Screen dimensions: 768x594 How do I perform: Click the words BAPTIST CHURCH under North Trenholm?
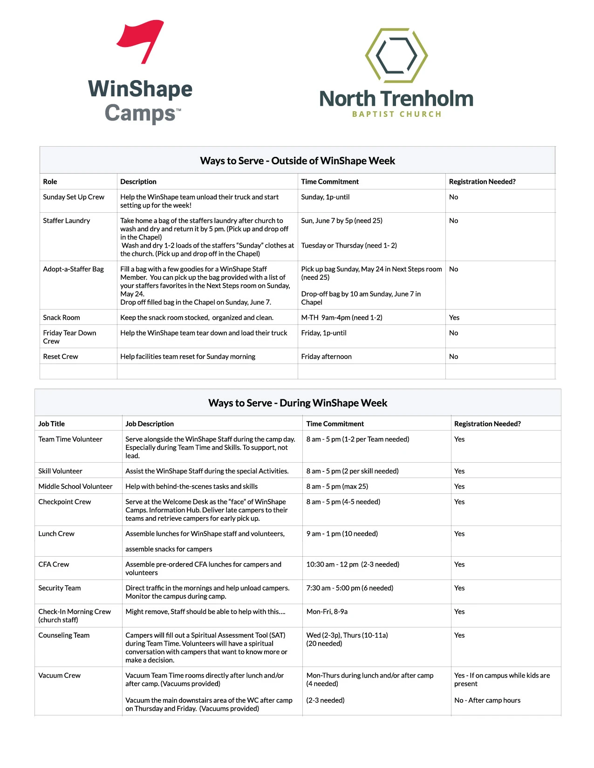(x=396, y=114)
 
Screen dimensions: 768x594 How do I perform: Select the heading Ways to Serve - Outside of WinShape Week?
(x=297, y=161)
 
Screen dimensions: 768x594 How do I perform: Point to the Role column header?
(x=50, y=182)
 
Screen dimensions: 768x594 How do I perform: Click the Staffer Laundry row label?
(x=67, y=221)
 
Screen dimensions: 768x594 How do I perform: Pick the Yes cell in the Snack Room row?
(x=454, y=317)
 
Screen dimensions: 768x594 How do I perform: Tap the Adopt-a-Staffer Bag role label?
(x=73, y=269)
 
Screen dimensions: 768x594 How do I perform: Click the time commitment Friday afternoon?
(x=326, y=357)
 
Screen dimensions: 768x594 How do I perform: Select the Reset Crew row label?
(x=61, y=357)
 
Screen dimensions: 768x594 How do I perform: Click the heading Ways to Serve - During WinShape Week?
(x=297, y=403)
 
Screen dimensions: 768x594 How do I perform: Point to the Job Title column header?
(x=51, y=424)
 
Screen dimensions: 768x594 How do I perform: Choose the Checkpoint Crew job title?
(x=64, y=502)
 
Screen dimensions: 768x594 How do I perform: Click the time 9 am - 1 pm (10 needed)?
(x=342, y=533)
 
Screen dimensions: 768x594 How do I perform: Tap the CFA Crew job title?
(x=54, y=564)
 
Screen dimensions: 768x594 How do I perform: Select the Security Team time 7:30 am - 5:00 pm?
(x=349, y=588)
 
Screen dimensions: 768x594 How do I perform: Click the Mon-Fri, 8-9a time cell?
(x=327, y=612)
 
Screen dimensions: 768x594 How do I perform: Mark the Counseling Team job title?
(x=64, y=635)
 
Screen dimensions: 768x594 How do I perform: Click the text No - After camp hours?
(x=487, y=700)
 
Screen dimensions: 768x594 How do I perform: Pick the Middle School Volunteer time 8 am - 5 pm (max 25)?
(x=337, y=486)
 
